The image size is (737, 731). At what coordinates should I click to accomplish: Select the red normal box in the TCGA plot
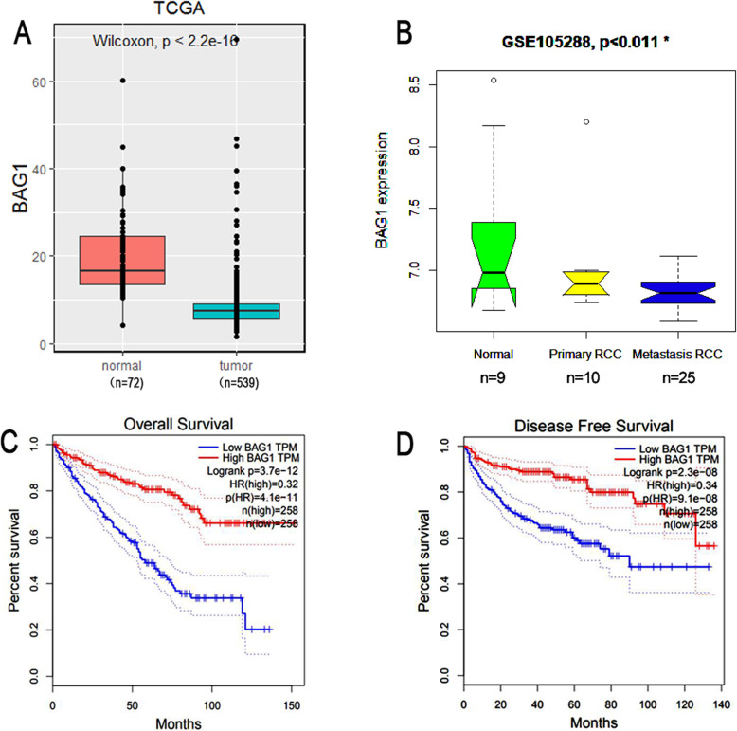click(x=123, y=260)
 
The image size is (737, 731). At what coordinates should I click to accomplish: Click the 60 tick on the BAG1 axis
click(x=41, y=82)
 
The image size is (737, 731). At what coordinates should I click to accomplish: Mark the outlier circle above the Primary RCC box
click(x=585, y=122)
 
